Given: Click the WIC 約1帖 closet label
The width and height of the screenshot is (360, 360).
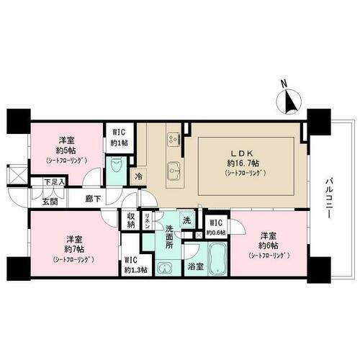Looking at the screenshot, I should tap(118, 136).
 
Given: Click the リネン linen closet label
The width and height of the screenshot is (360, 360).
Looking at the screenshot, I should tap(148, 220).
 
